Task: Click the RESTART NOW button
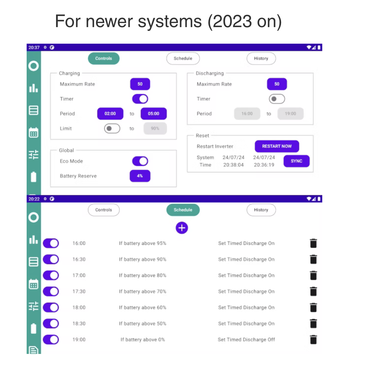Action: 277,146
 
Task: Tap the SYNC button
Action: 296,161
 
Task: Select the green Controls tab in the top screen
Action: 104,58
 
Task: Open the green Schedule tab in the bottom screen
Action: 183,210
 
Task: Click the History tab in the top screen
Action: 261,58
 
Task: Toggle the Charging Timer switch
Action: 140,99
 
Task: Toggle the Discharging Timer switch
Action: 277,99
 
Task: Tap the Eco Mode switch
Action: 140,161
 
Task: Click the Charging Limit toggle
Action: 112,129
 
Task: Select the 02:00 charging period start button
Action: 110,114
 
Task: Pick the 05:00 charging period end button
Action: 154,114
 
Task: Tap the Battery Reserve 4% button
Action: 140,176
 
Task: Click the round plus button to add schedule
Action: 182,228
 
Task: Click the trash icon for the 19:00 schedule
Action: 313,340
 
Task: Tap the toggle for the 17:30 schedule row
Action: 51,291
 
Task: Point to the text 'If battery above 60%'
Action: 143,307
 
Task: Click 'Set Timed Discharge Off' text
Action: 246,340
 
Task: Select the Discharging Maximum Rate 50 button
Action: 277,84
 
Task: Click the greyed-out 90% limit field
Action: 155,129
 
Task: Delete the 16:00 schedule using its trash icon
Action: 313,243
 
